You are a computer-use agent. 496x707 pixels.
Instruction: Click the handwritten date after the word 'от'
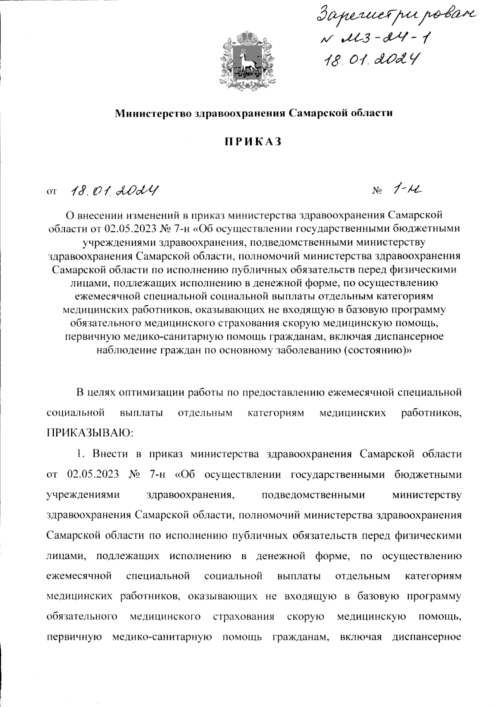pos(116,191)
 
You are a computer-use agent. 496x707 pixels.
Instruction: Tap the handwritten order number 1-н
pos(408,190)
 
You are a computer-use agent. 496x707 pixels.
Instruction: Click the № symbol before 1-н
pos(377,192)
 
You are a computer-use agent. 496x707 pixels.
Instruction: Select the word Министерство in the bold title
pos(152,113)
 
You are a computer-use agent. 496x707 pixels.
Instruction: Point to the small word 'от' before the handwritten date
pos(52,192)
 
